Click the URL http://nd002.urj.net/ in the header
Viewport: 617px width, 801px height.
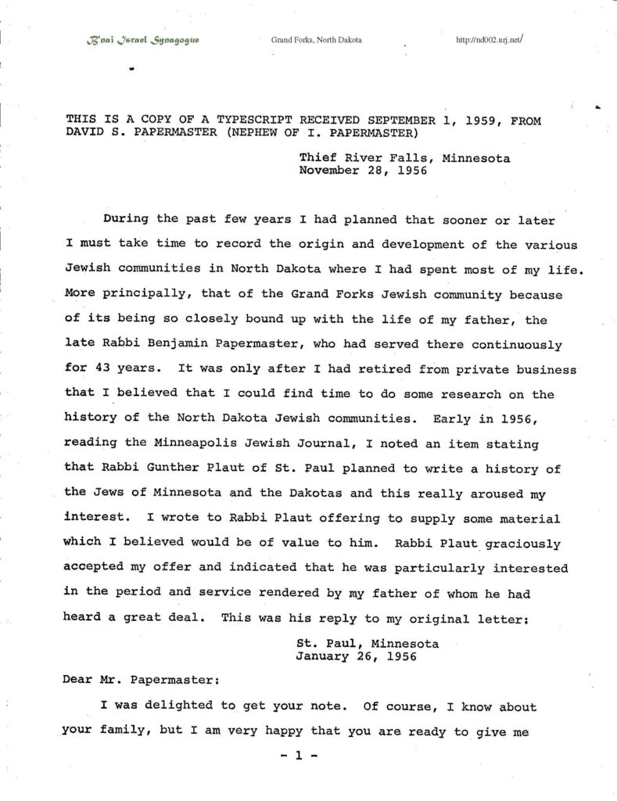pyautogui.click(x=488, y=39)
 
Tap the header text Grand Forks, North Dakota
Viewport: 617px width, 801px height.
pyautogui.click(x=316, y=39)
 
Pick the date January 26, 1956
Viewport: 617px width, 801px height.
pyautogui.click(x=357, y=657)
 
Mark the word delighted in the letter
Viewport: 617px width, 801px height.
pyautogui.click(x=179, y=706)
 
